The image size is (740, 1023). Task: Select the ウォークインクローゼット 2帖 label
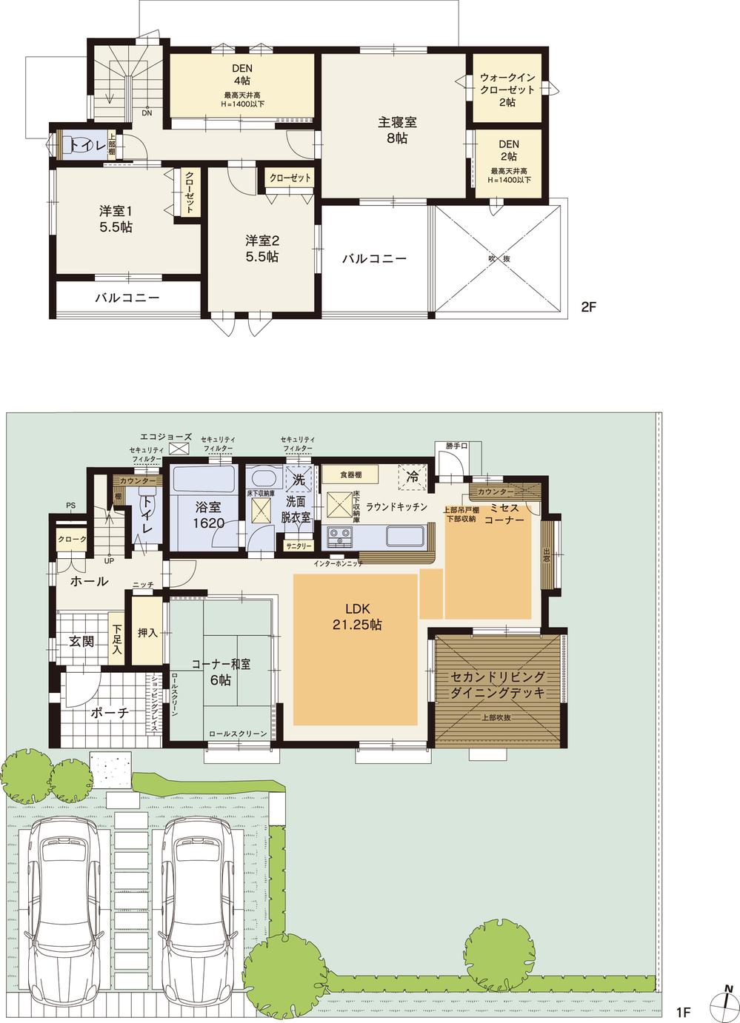(507, 90)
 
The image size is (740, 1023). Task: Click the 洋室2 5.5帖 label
(262, 249)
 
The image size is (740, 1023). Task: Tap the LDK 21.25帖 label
(356, 617)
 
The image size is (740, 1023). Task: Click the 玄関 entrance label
(81, 641)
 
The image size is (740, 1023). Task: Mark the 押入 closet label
(147, 633)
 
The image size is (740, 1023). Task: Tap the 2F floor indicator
(588, 306)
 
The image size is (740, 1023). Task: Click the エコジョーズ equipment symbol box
(179, 449)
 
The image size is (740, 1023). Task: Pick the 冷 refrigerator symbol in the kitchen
(413, 478)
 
